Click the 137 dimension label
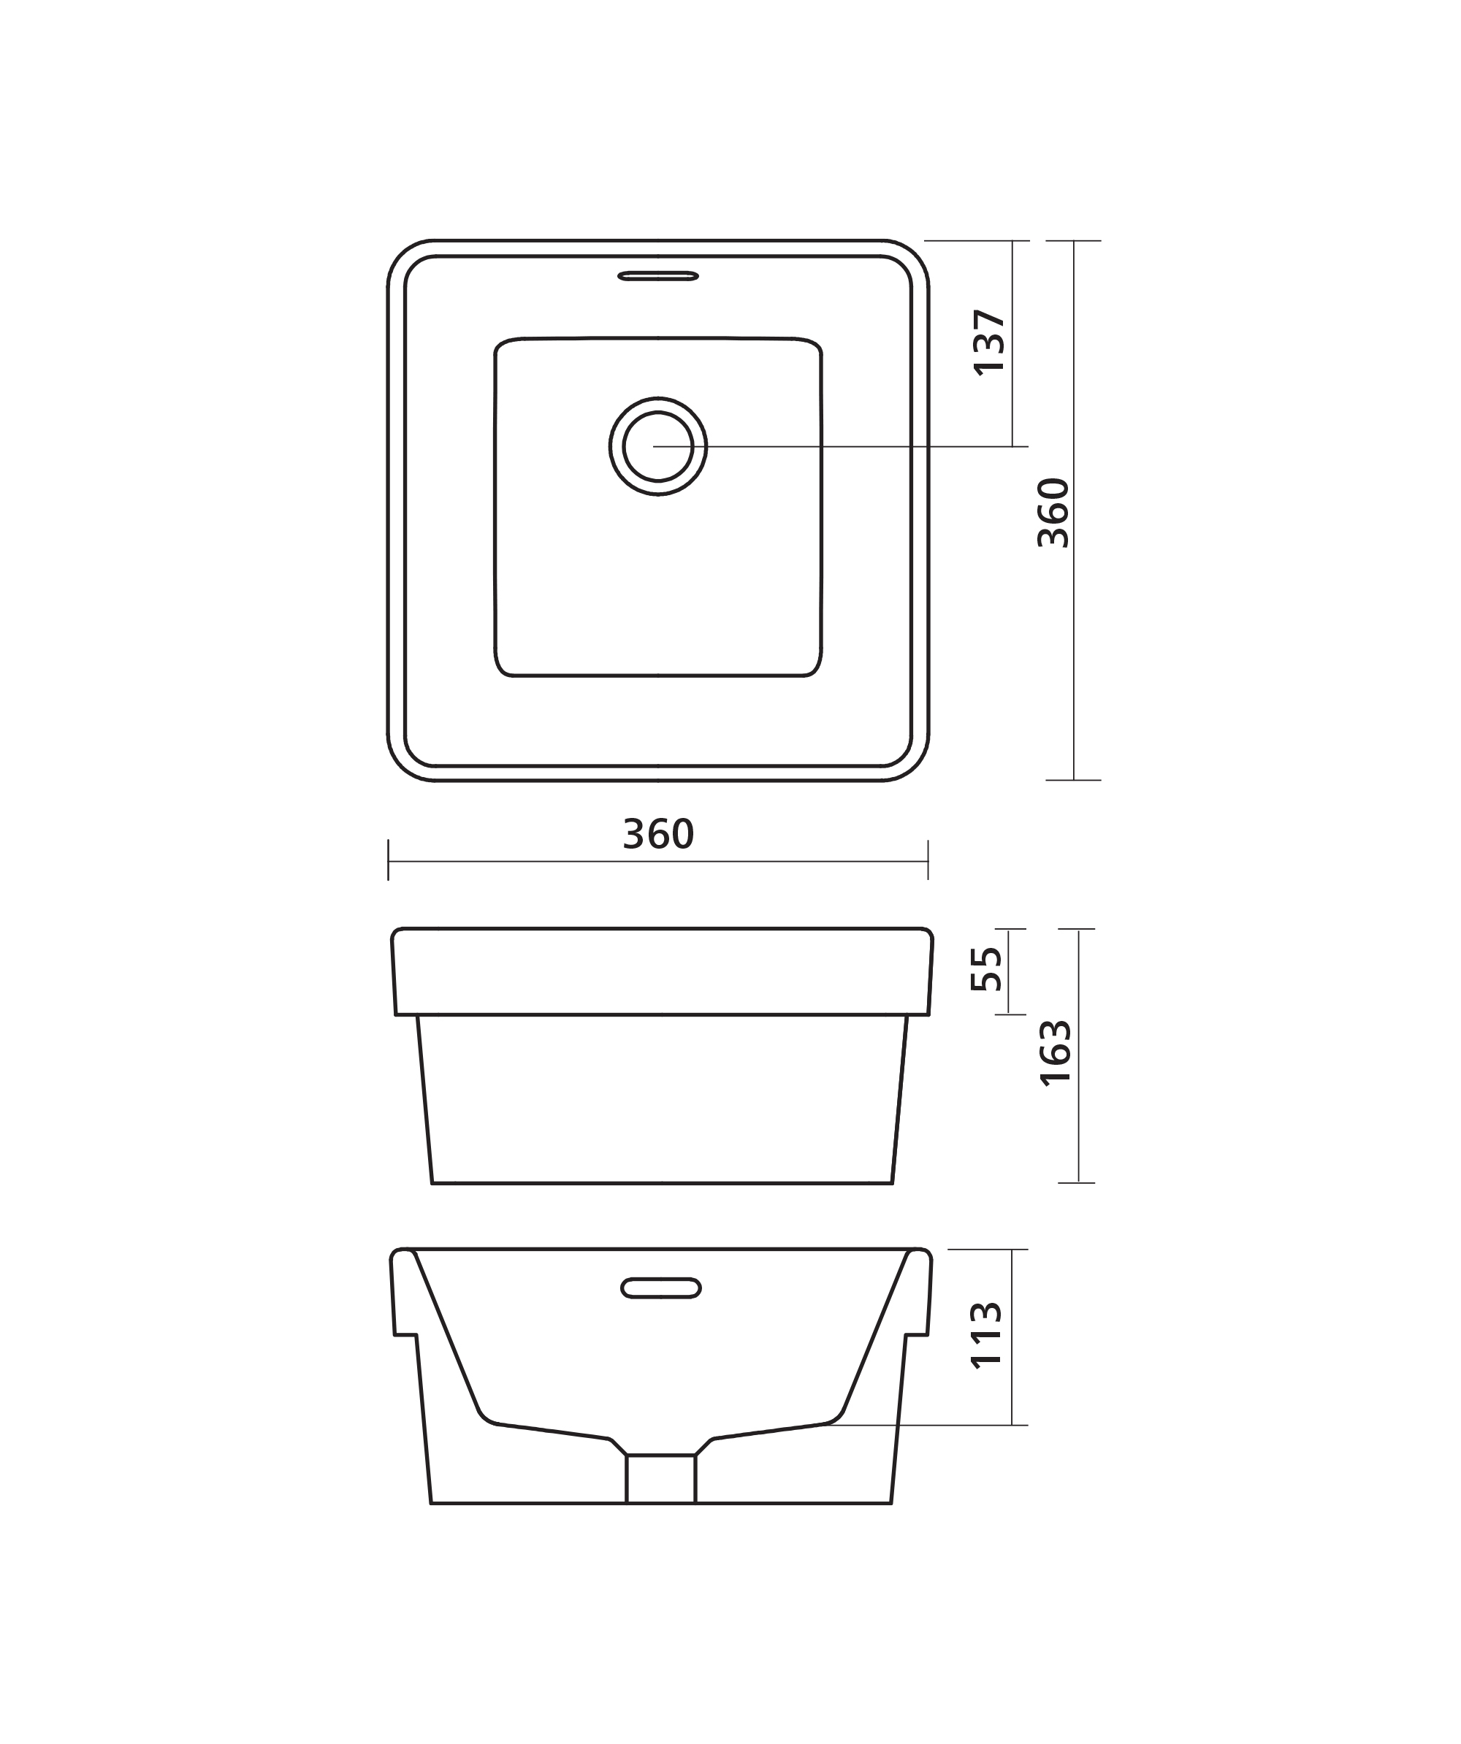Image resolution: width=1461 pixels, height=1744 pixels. point(989,343)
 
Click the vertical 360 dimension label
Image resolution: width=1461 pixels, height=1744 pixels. point(1053,513)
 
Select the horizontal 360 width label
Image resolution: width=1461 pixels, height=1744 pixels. point(658,834)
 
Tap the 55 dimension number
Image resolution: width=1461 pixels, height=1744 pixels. point(987,969)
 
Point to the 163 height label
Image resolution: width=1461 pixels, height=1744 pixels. point(1056,1052)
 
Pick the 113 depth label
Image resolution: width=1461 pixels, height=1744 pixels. point(987,1336)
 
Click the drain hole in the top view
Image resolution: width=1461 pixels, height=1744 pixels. point(658,446)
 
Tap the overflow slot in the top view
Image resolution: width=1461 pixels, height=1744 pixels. point(658,276)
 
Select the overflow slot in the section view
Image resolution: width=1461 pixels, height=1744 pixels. point(661,1288)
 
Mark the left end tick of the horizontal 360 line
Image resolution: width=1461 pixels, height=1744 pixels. point(388,860)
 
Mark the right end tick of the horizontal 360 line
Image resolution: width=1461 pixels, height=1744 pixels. point(928,860)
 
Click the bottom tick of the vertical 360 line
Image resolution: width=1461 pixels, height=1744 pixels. point(1073,780)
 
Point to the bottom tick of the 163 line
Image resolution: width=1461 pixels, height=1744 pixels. point(1077,1182)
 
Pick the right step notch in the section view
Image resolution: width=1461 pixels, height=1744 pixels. point(915,1336)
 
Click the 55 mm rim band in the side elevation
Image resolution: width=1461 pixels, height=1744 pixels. point(661,971)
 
